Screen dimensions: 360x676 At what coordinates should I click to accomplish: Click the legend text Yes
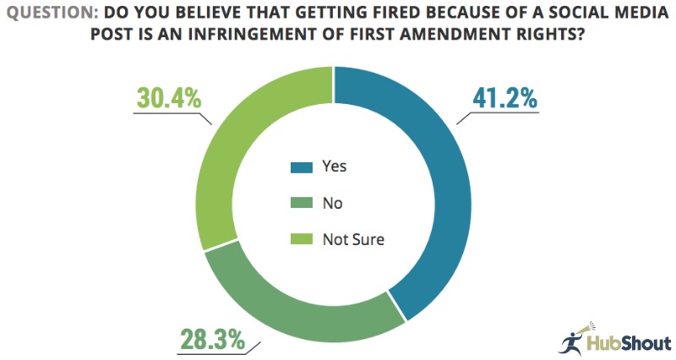click(335, 167)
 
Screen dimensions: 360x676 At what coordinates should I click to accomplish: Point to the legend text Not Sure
click(353, 240)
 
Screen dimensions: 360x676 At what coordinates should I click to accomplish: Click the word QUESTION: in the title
click(52, 13)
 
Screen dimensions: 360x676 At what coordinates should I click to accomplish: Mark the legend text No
click(332, 204)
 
